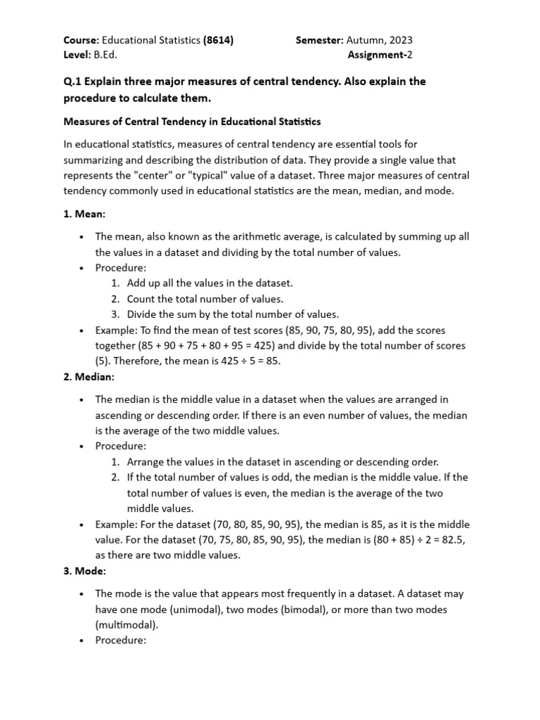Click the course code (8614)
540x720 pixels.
click(218, 41)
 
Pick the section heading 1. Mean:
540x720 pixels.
click(85, 214)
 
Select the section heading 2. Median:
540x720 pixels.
click(89, 378)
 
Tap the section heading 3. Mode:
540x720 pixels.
click(85, 570)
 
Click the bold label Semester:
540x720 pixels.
click(319, 41)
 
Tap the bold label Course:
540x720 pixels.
click(82, 41)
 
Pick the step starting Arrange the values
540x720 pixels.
click(282, 462)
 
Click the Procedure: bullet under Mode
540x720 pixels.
click(120, 641)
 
